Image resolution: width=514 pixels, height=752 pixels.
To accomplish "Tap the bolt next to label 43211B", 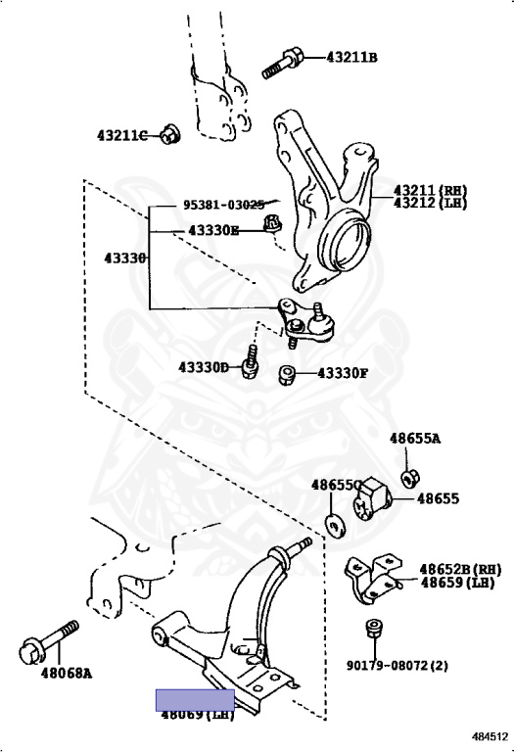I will click(x=283, y=61).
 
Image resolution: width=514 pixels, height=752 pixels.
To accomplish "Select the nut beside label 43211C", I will click(x=169, y=135).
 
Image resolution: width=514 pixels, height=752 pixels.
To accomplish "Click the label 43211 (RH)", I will click(x=430, y=189).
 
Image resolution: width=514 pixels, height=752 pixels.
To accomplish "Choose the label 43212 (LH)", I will click(x=430, y=203).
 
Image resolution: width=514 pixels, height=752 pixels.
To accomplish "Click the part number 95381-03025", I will click(x=223, y=206).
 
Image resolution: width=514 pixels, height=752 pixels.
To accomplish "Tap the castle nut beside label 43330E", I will click(x=275, y=226).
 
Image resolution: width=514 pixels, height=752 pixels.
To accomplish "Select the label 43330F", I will click(x=342, y=373).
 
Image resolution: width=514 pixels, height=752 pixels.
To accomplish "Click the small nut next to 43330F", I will click(x=288, y=374).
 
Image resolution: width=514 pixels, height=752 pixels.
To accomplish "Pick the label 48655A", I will click(x=415, y=438).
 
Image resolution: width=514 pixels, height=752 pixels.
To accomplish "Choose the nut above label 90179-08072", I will click(x=372, y=629).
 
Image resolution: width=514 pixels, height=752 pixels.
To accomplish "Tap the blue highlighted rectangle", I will click(x=195, y=699).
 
